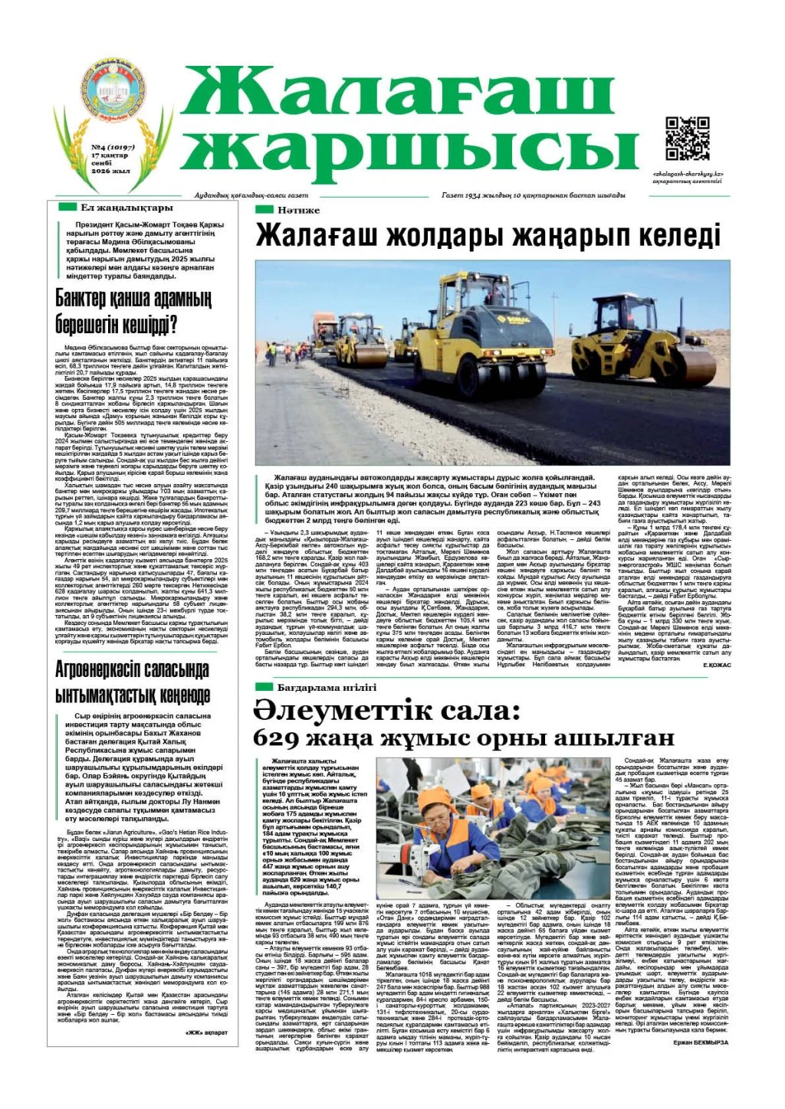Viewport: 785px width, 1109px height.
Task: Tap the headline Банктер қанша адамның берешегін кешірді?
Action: pyautogui.click(x=133, y=311)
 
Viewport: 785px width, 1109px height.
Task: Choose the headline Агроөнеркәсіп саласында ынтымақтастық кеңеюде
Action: pyautogui.click(x=133, y=682)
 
